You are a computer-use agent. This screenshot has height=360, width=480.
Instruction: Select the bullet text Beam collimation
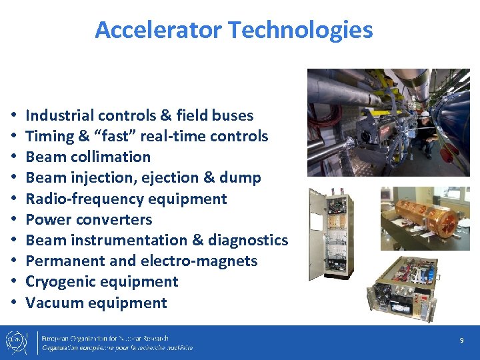coord(88,157)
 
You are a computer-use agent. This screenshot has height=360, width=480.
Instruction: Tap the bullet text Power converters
coord(89,219)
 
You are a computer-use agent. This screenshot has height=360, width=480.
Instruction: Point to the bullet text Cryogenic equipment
coord(101,281)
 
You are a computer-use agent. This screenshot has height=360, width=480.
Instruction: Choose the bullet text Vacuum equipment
coord(96,303)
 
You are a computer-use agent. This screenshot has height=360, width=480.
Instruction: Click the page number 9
coord(461,341)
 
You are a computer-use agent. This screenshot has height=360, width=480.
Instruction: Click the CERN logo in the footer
coord(18,342)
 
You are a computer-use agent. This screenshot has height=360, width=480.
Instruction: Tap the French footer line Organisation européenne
coord(117,348)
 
